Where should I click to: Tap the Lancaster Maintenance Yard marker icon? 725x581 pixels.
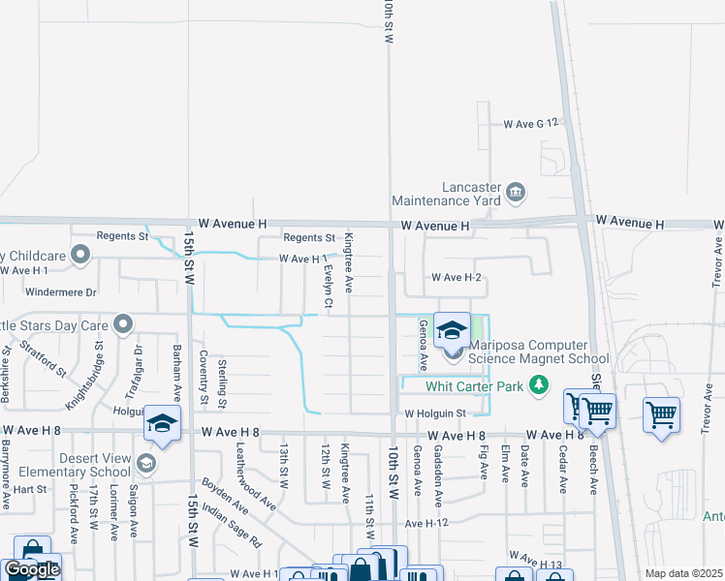(x=515, y=193)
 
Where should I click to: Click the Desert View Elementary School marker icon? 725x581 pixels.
(x=145, y=463)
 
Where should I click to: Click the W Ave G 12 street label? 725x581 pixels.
(x=531, y=124)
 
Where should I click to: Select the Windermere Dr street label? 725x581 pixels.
(x=49, y=291)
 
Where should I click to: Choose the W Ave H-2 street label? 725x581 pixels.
(x=457, y=278)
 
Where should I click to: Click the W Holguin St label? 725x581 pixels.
(x=435, y=414)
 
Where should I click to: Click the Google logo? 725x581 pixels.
(x=32, y=569)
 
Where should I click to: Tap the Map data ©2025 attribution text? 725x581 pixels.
(x=683, y=573)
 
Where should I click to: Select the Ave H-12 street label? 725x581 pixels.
(x=429, y=523)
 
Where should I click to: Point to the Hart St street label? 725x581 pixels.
(x=30, y=490)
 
